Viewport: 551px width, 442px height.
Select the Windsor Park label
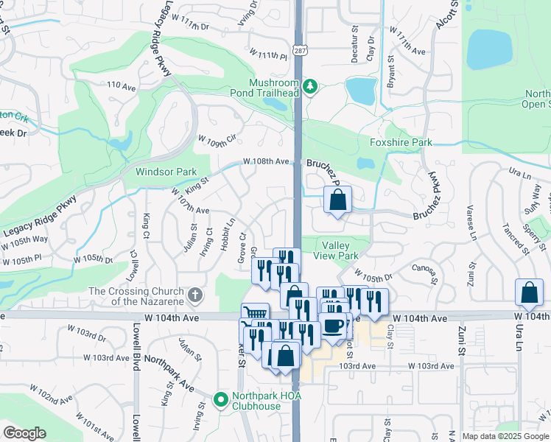166,172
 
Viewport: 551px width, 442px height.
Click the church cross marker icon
194,296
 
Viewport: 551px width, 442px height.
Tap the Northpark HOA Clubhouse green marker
220,401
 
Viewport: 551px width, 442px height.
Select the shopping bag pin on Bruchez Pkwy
337,200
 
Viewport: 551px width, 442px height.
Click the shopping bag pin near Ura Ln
529,293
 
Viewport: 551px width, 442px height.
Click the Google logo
24,433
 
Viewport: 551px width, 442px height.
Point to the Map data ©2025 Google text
505,436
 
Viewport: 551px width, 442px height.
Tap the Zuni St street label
463,343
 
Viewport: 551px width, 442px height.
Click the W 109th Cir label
217,138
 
